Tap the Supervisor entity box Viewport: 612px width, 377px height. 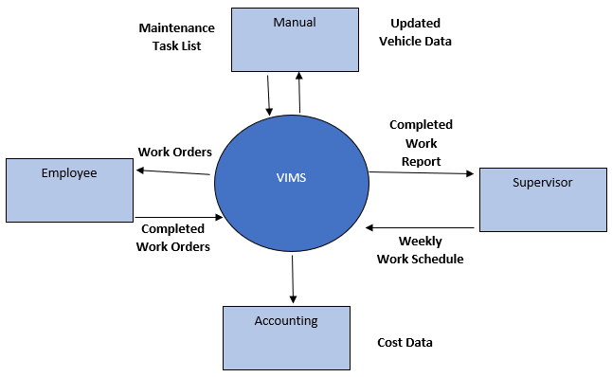click(x=542, y=200)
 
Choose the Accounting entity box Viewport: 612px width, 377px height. click(x=286, y=338)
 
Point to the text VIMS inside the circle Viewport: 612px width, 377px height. click(x=291, y=176)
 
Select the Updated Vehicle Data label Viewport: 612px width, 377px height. click(x=415, y=32)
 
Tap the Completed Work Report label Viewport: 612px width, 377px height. click(x=421, y=143)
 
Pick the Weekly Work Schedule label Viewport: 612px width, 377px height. click(x=420, y=250)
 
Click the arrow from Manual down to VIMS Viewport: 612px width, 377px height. click(x=270, y=93)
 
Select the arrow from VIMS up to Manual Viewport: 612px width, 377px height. click(x=299, y=93)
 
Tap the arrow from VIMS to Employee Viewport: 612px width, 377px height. click(x=172, y=171)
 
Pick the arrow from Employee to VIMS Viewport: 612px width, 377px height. click(x=178, y=216)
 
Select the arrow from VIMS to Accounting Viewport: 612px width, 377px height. click(x=293, y=280)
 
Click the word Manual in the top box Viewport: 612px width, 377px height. click(x=294, y=21)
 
